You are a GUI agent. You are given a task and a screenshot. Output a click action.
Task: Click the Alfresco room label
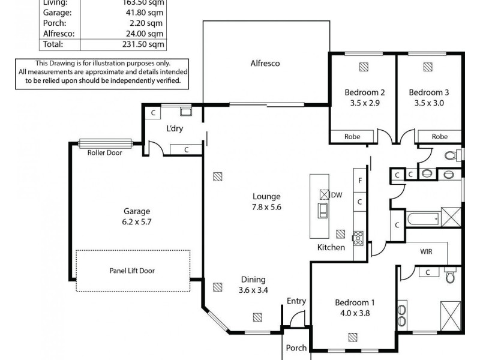point(265,63)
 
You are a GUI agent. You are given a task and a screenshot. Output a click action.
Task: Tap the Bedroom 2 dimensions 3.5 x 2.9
point(364,103)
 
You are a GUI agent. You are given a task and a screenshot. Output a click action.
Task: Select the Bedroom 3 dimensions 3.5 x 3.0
point(428,103)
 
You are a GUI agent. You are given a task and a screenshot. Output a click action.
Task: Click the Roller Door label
point(104,152)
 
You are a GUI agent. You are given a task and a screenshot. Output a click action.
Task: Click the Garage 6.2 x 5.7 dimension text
point(136,221)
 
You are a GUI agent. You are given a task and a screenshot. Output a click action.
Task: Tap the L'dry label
point(175,129)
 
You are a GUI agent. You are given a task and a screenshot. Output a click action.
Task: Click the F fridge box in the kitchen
point(361,179)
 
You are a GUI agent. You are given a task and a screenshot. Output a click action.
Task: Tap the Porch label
point(296,347)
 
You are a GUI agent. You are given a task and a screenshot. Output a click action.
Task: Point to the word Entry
point(296,301)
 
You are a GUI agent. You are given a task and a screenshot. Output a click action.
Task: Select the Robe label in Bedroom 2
point(352,137)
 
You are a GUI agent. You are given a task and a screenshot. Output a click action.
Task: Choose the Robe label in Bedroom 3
point(439,137)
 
